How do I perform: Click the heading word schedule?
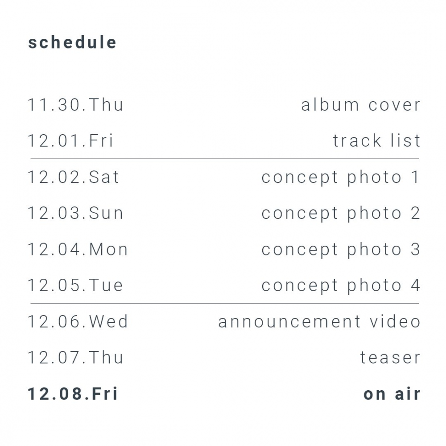(x=72, y=42)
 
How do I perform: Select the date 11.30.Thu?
(x=75, y=105)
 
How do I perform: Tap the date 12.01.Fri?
(x=70, y=140)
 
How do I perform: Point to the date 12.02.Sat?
(x=73, y=177)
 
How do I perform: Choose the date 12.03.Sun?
(x=75, y=213)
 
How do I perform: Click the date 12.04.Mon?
(x=78, y=249)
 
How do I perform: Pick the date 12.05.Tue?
(x=75, y=285)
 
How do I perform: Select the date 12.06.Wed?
(x=78, y=322)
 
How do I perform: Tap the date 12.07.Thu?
(x=75, y=358)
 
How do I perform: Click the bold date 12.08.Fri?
(x=73, y=394)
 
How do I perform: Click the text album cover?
(x=361, y=105)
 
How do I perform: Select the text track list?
(x=376, y=140)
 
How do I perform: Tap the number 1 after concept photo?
(x=416, y=177)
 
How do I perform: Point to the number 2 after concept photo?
(x=416, y=213)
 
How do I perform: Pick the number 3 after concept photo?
(x=416, y=249)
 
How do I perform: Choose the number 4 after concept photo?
(x=416, y=285)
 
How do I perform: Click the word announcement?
(x=289, y=322)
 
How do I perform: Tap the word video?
(x=395, y=322)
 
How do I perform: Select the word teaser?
(x=390, y=358)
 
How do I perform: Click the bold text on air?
(x=392, y=394)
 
